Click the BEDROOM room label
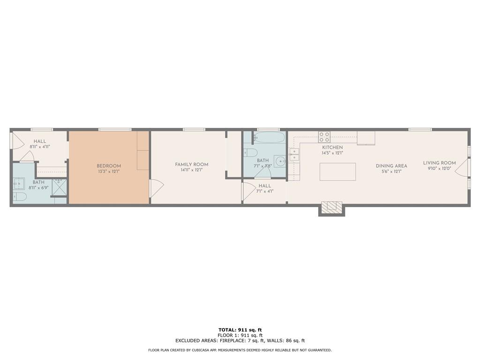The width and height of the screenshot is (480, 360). coord(109,166)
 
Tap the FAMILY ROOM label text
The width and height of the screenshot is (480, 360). coord(192,165)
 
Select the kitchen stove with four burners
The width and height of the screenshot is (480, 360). coord(324,136)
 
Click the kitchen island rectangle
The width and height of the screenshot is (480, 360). coord(337,172)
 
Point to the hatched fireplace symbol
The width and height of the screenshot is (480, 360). coord(331,207)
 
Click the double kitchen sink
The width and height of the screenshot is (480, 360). coord(294,155)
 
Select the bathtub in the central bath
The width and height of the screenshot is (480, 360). coord(269,138)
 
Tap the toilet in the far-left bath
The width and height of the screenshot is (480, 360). coord(20,197)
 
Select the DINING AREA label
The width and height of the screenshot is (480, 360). coord(391,166)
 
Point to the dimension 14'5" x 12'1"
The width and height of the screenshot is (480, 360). coord(332,153)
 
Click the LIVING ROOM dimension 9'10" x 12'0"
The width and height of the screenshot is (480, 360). coord(439,168)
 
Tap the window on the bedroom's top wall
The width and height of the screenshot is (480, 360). coord(114,129)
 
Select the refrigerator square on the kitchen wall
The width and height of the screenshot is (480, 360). coord(366,137)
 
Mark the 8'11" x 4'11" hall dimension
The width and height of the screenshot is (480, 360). coord(40,147)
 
